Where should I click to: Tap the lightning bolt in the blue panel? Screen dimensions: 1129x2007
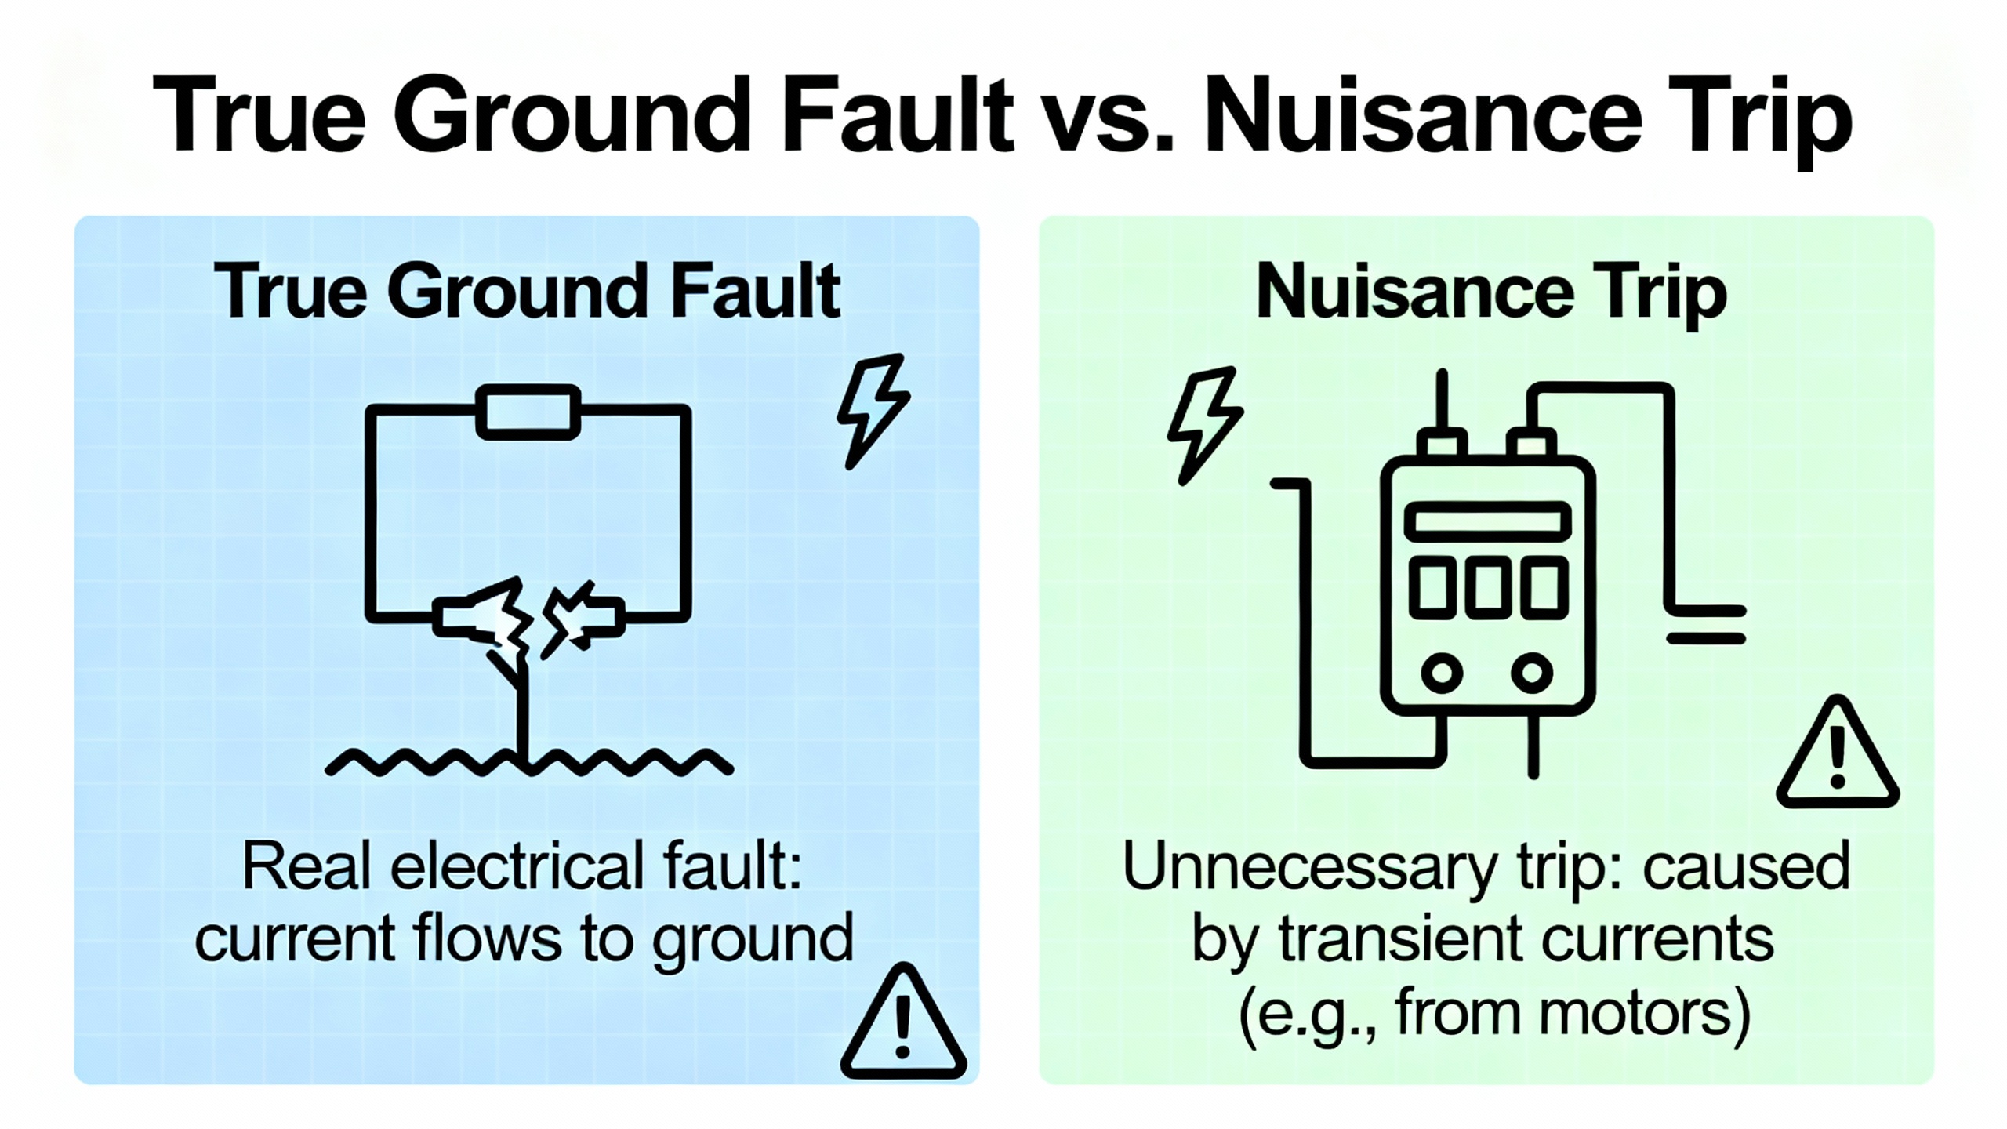coord(872,410)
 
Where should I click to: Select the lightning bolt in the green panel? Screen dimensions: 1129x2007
coord(1203,423)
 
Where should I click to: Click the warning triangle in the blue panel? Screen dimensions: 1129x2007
coord(903,1024)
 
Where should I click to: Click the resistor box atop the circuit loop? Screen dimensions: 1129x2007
coord(528,412)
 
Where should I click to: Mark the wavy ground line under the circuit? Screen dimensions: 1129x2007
coord(529,761)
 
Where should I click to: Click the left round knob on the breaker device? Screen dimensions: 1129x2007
coord(1443,673)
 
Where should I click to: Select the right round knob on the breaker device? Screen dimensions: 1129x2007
coord(1531,673)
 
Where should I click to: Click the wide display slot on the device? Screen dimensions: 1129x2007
coord(1487,522)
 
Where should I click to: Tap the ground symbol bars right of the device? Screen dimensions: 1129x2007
coord(1706,625)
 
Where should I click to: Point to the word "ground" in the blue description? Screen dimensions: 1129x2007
coord(753,938)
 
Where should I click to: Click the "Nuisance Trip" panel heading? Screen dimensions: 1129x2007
coord(1491,292)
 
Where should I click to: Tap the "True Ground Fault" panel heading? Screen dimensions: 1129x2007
coord(527,292)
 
